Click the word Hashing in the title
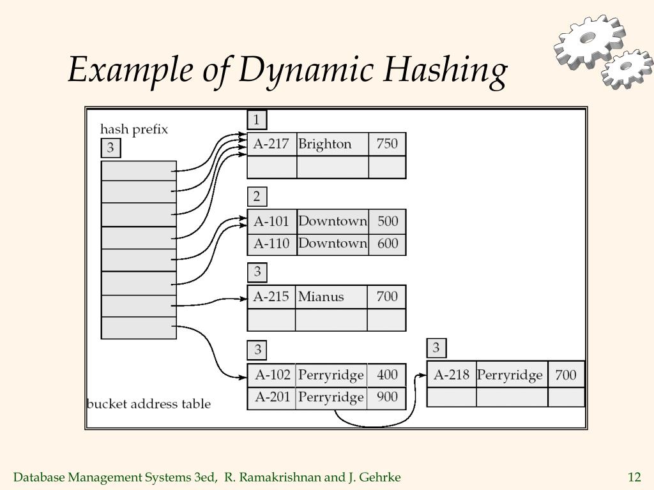pyautogui.click(x=445, y=70)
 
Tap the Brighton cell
pyautogui.click(x=332, y=144)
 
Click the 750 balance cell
pyautogui.click(x=387, y=144)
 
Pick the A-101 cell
pyautogui.click(x=272, y=221)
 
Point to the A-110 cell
pyautogui.click(x=272, y=244)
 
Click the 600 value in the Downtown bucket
pyautogui.click(x=387, y=244)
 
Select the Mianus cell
pyautogui.click(x=331, y=297)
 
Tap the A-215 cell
pyautogui.click(x=271, y=297)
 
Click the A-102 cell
pyautogui.click(x=271, y=375)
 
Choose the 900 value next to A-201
pyautogui.click(x=386, y=397)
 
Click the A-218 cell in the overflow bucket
pyautogui.click(x=452, y=375)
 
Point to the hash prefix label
pyautogui.click(x=134, y=130)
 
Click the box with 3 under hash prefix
pyautogui.click(x=110, y=148)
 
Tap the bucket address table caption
pyautogui.click(x=149, y=404)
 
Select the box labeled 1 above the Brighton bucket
pyautogui.click(x=257, y=120)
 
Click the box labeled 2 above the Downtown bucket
pyautogui.click(x=257, y=197)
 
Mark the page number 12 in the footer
pyautogui.click(x=634, y=477)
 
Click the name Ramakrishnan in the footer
pyautogui.click(x=273, y=477)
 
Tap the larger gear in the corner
pyautogui.click(x=589, y=41)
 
